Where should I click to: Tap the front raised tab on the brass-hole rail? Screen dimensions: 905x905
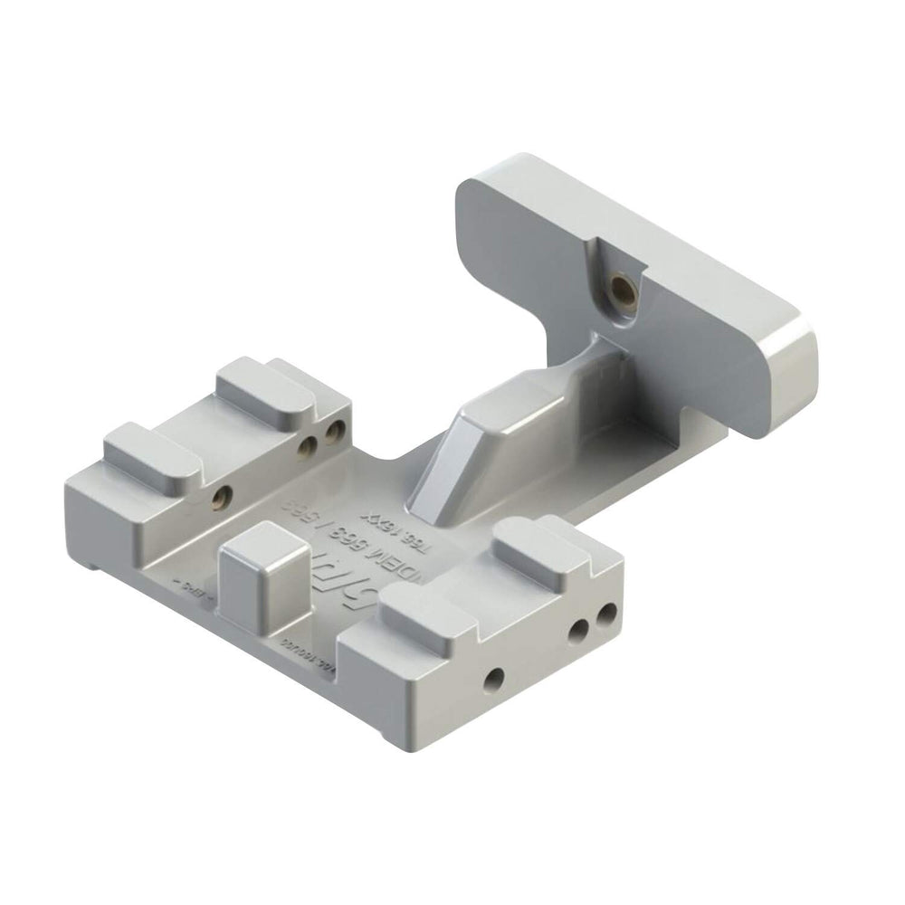click(x=151, y=453)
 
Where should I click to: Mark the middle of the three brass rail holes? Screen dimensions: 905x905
click(x=308, y=445)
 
